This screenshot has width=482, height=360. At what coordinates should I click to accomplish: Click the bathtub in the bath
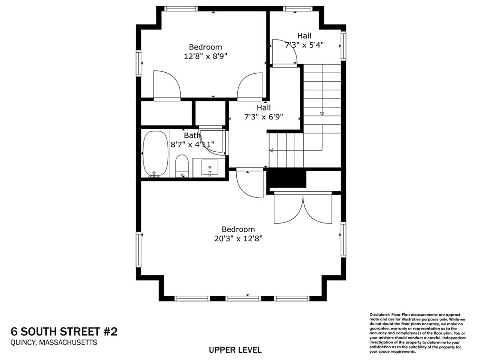coord(155,154)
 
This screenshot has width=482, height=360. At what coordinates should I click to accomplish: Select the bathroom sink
coord(209,168)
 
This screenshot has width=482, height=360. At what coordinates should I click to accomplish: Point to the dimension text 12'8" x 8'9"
coord(205,56)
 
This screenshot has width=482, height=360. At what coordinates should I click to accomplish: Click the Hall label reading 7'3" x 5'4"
coord(304,45)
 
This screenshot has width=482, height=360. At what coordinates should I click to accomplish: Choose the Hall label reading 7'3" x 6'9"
coord(263,117)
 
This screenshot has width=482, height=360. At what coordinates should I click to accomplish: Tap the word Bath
coord(192,136)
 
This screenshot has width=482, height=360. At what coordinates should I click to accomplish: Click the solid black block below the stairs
coord(286,179)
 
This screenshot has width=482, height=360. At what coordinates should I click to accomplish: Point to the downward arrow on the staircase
coord(322,113)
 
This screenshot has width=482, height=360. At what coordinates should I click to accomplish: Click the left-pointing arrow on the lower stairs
coord(271,150)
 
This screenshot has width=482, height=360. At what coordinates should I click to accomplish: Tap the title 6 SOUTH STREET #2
coord(64,331)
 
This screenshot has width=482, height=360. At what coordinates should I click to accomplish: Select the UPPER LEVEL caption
coord(235,350)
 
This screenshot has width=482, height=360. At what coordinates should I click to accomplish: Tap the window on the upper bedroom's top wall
coord(181,8)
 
